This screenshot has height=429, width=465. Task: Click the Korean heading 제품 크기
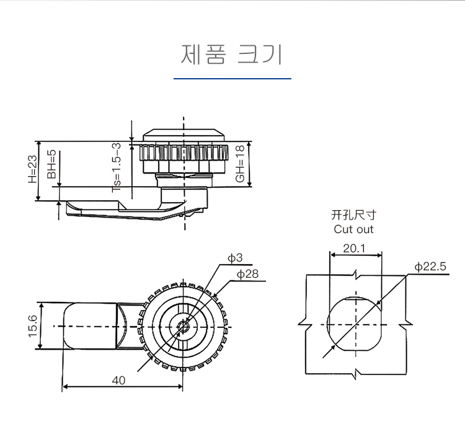tap(231, 55)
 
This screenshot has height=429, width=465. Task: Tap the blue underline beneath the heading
tap(232, 79)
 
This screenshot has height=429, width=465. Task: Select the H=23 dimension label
tap(33, 169)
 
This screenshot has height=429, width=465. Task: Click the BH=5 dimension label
tap(51, 164)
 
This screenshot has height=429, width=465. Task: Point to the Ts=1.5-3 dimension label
tap(117, 167)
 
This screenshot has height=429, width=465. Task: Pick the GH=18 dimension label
tap(240, 164)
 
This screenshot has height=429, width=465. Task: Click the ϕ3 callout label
tap(235, 258)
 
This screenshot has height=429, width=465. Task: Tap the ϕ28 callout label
tap(247, 274)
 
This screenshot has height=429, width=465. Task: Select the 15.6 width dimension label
tap(33, 326)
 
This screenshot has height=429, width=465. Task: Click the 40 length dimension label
tap(118, 381)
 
